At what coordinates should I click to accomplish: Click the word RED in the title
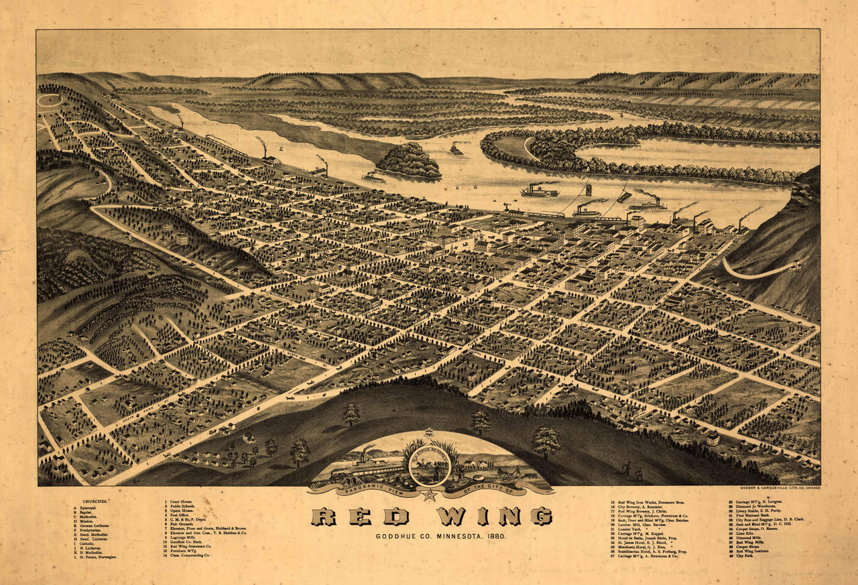[x=360, y=516]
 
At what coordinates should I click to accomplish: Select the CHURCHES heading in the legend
[x=95, y=501]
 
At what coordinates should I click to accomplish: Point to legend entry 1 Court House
[x=180, y=502]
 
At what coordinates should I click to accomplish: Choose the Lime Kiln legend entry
[x=743, y=534]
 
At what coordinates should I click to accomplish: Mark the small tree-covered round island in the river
[x=409, y=161]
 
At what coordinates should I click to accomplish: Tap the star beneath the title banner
[x=429, y=495]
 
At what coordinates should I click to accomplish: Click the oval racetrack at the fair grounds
[x=48, y=101]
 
